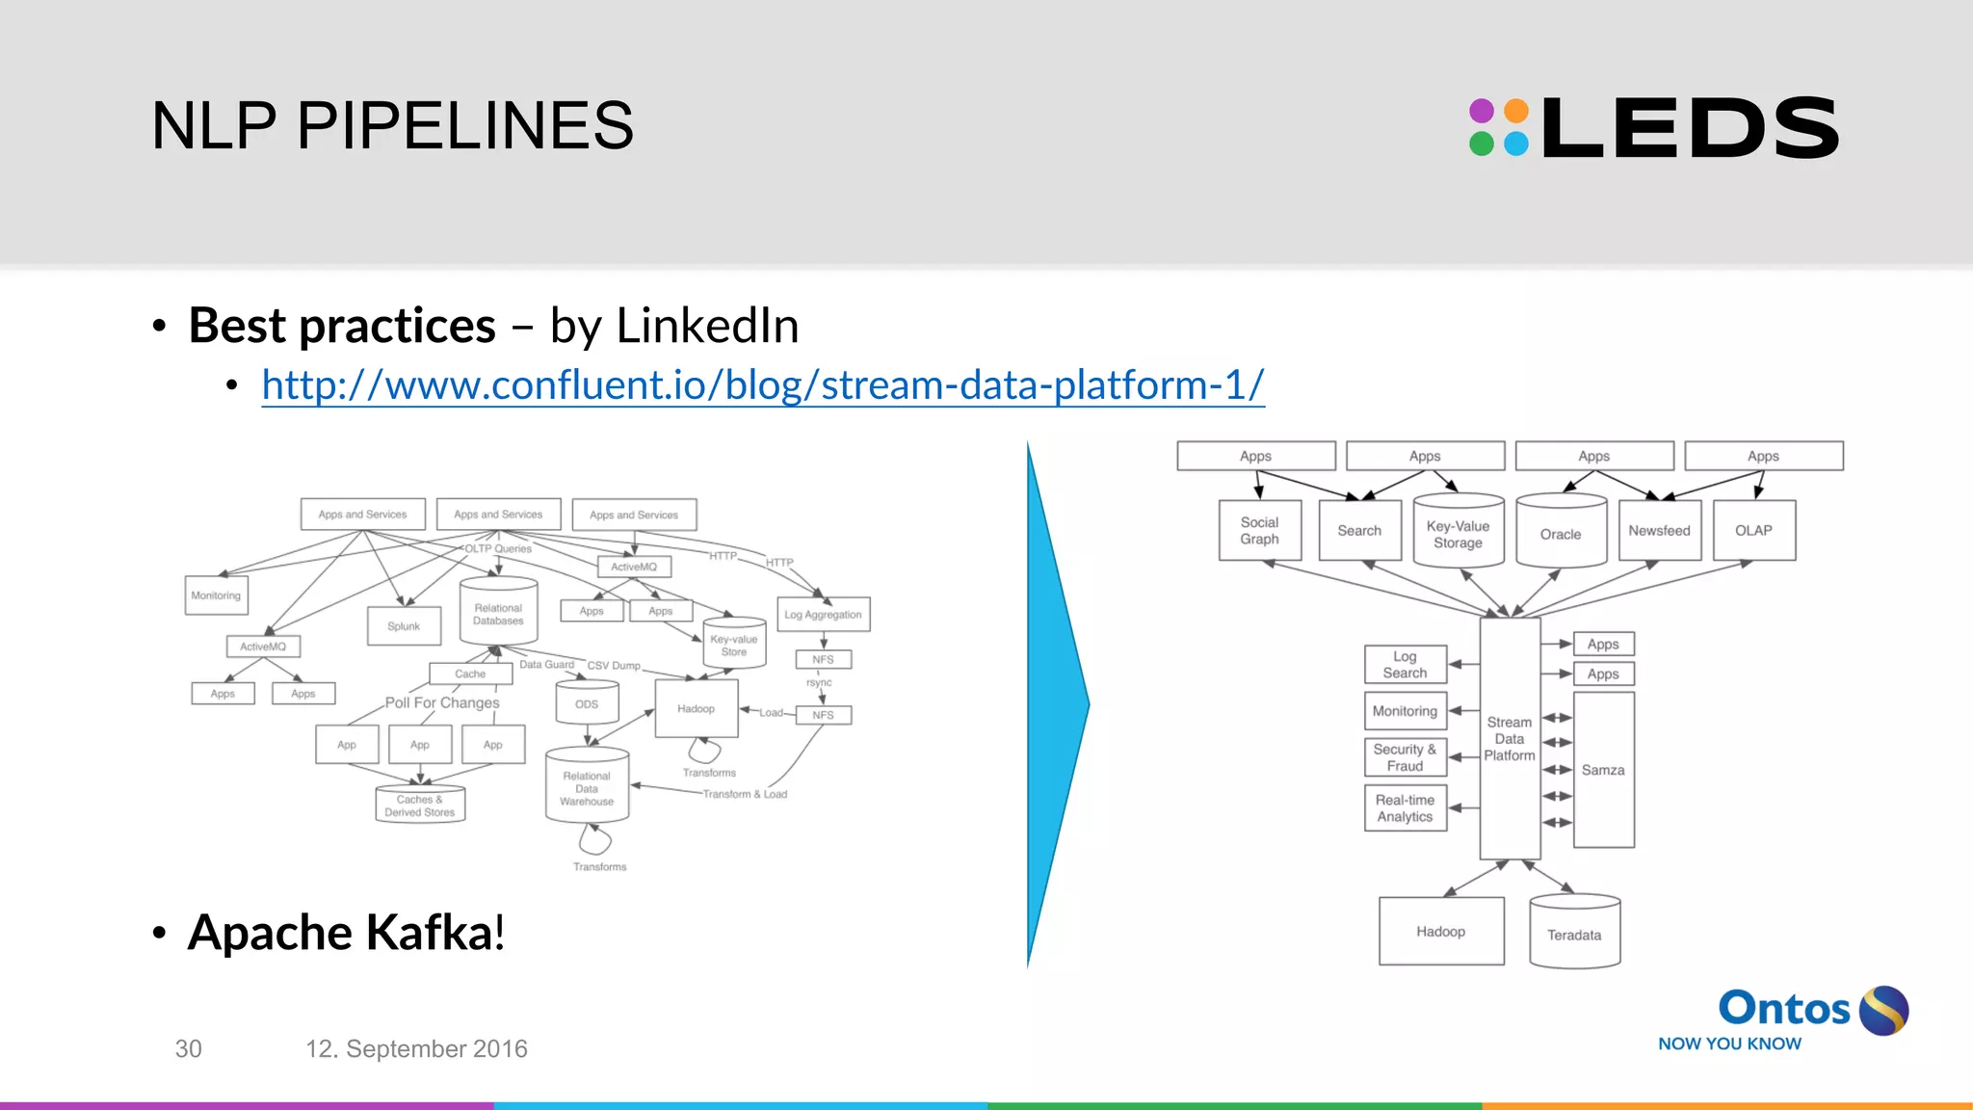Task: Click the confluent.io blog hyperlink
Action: tap(762, 385)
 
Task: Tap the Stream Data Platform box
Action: tap(1510, 738)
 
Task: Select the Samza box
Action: tap(1603, 770)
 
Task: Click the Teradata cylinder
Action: tap(1574, 932)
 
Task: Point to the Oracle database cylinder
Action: tap(1561, 532)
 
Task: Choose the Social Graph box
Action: tap(1259, 530)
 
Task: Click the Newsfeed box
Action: tap(1659, 530)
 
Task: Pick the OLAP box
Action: tap(1753, 530)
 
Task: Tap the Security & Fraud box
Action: tap(1405, 757)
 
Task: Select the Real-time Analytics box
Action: tap(1405, 808)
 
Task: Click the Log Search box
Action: tap(1405, 665)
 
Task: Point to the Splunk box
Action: tap(404, 626)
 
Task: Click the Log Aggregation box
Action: tap(823, 615)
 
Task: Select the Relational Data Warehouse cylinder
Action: tap(587, 787)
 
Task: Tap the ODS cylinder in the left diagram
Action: tap(587, 703)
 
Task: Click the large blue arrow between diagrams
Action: tap(1055, 704)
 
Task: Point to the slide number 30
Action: tap(188, 1049)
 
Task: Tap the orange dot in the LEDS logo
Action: tap(1516, 111)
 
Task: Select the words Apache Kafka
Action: tap(345, 933)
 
